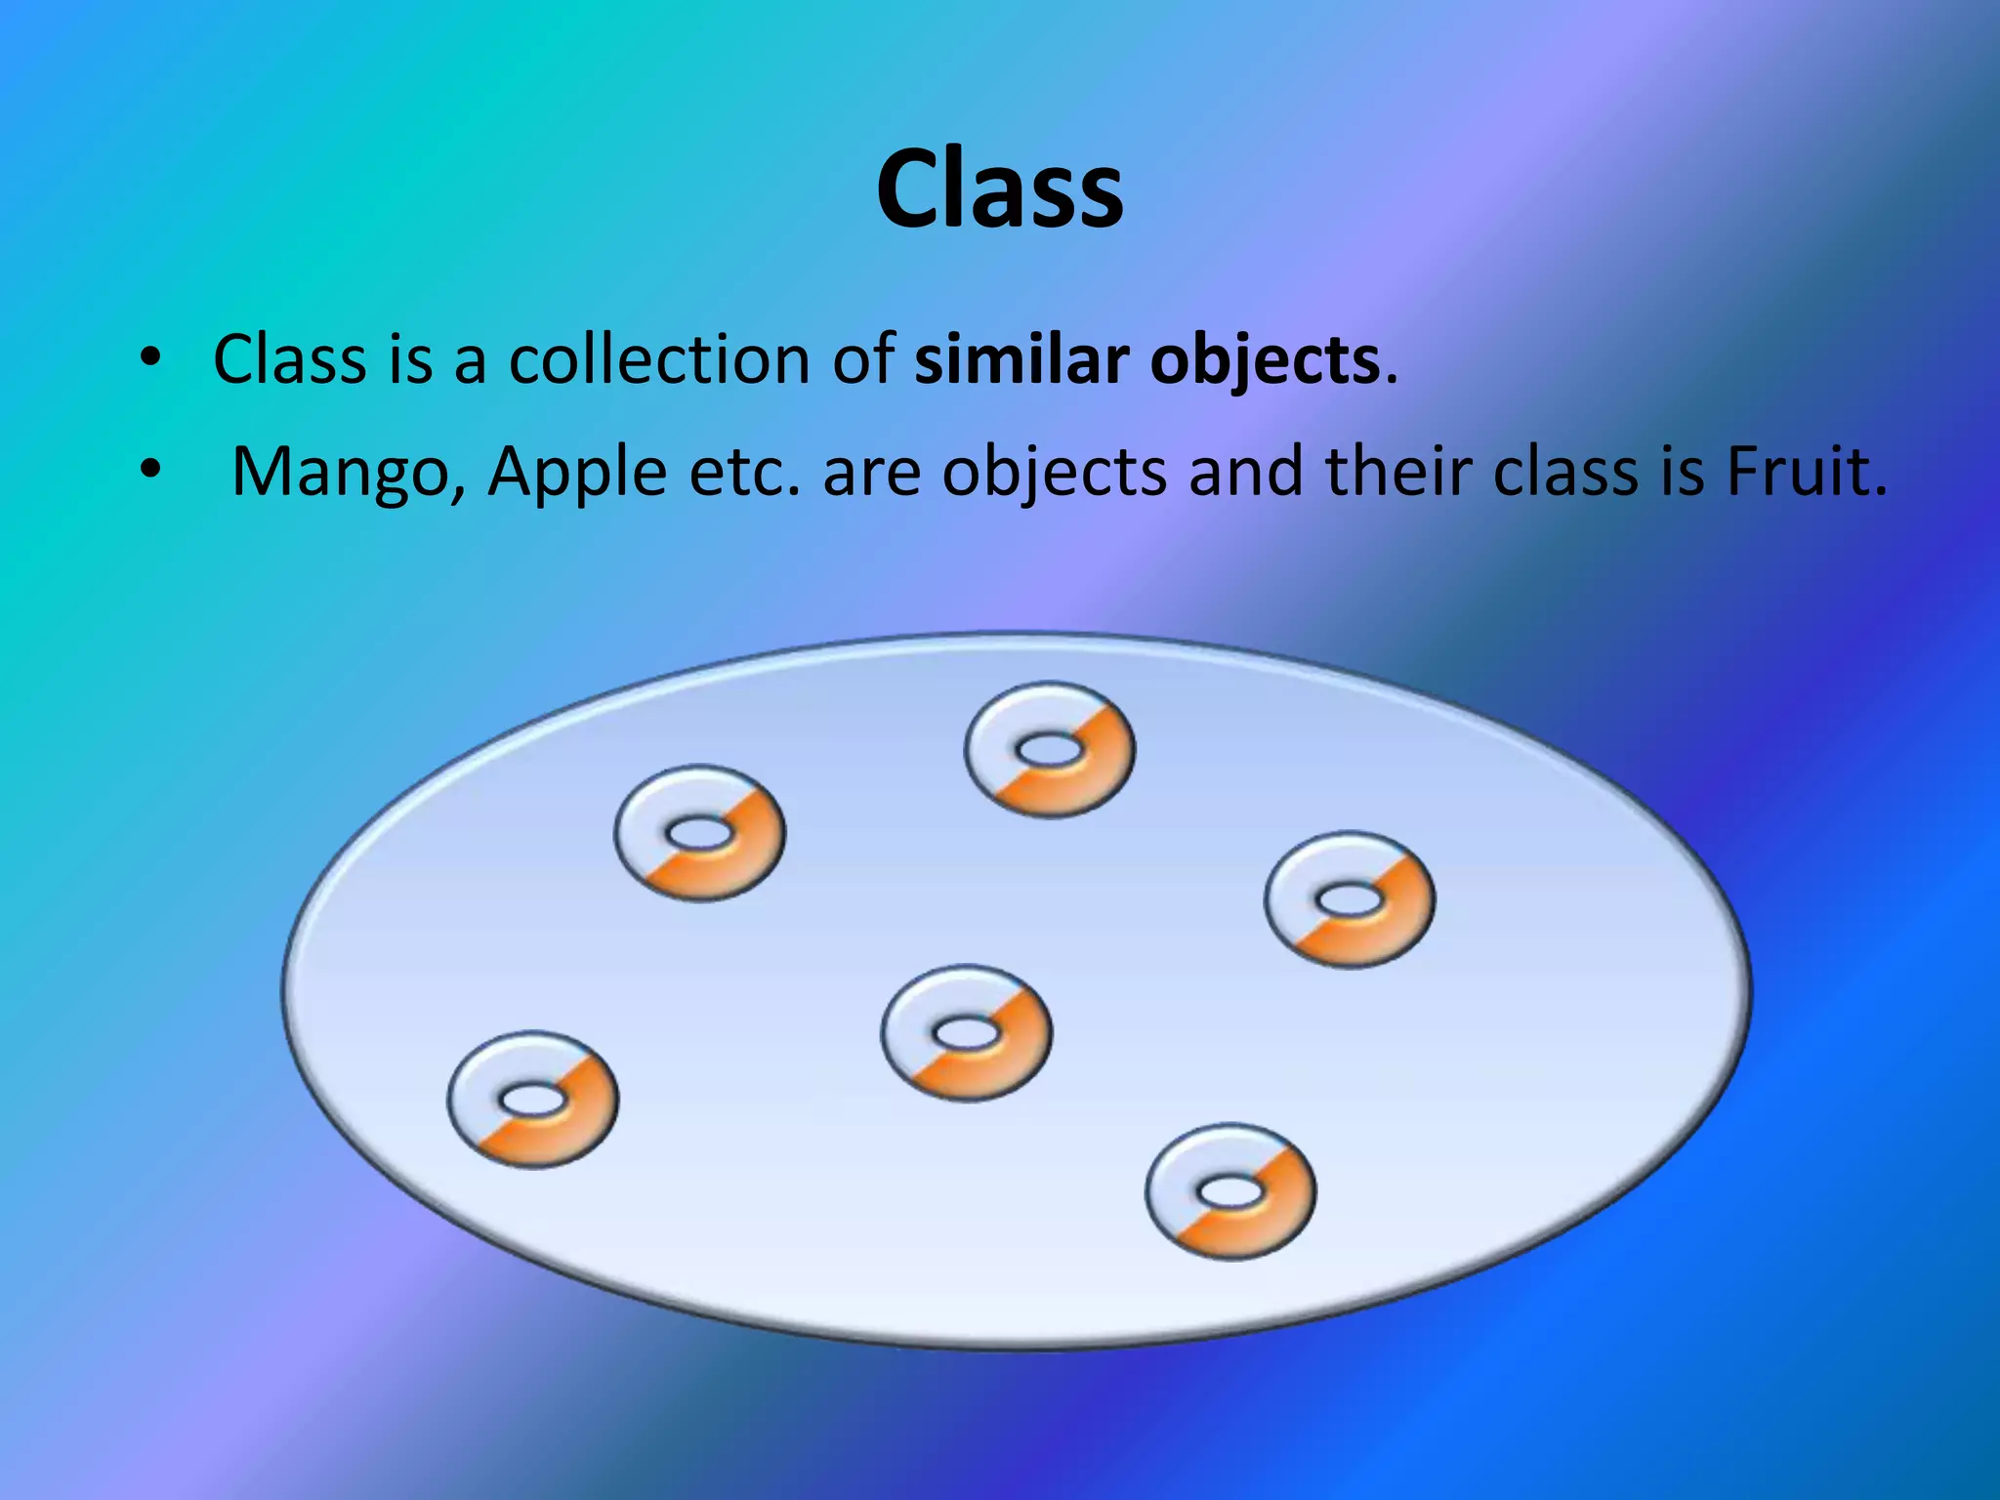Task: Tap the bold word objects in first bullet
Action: click(1265, 361)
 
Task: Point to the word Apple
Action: click(577, 474)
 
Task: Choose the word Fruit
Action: click(1806, 472)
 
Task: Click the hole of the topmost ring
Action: click(1050, 751)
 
